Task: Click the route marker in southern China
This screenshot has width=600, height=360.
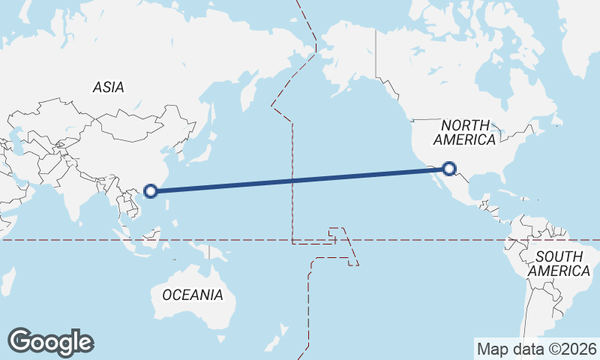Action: (x=151, y=190)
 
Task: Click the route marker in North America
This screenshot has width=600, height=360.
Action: (x=449, y=169)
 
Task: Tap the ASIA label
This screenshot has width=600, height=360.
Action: (x=108, y=88)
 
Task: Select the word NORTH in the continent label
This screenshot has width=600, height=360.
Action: (x=465, y=125)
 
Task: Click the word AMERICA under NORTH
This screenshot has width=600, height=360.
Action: (x=465, y=139)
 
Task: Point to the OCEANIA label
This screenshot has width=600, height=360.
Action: (x=193, y=295)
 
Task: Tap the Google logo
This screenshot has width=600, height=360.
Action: (x=50, y=342)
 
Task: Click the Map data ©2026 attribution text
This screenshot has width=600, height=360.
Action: (x=537, y=349)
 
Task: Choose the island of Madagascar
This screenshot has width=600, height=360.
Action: (x=5, y=281)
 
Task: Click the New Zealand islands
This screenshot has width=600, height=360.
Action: (x=283, y=330)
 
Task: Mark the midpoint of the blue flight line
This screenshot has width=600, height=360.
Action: (x=300, y=180)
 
